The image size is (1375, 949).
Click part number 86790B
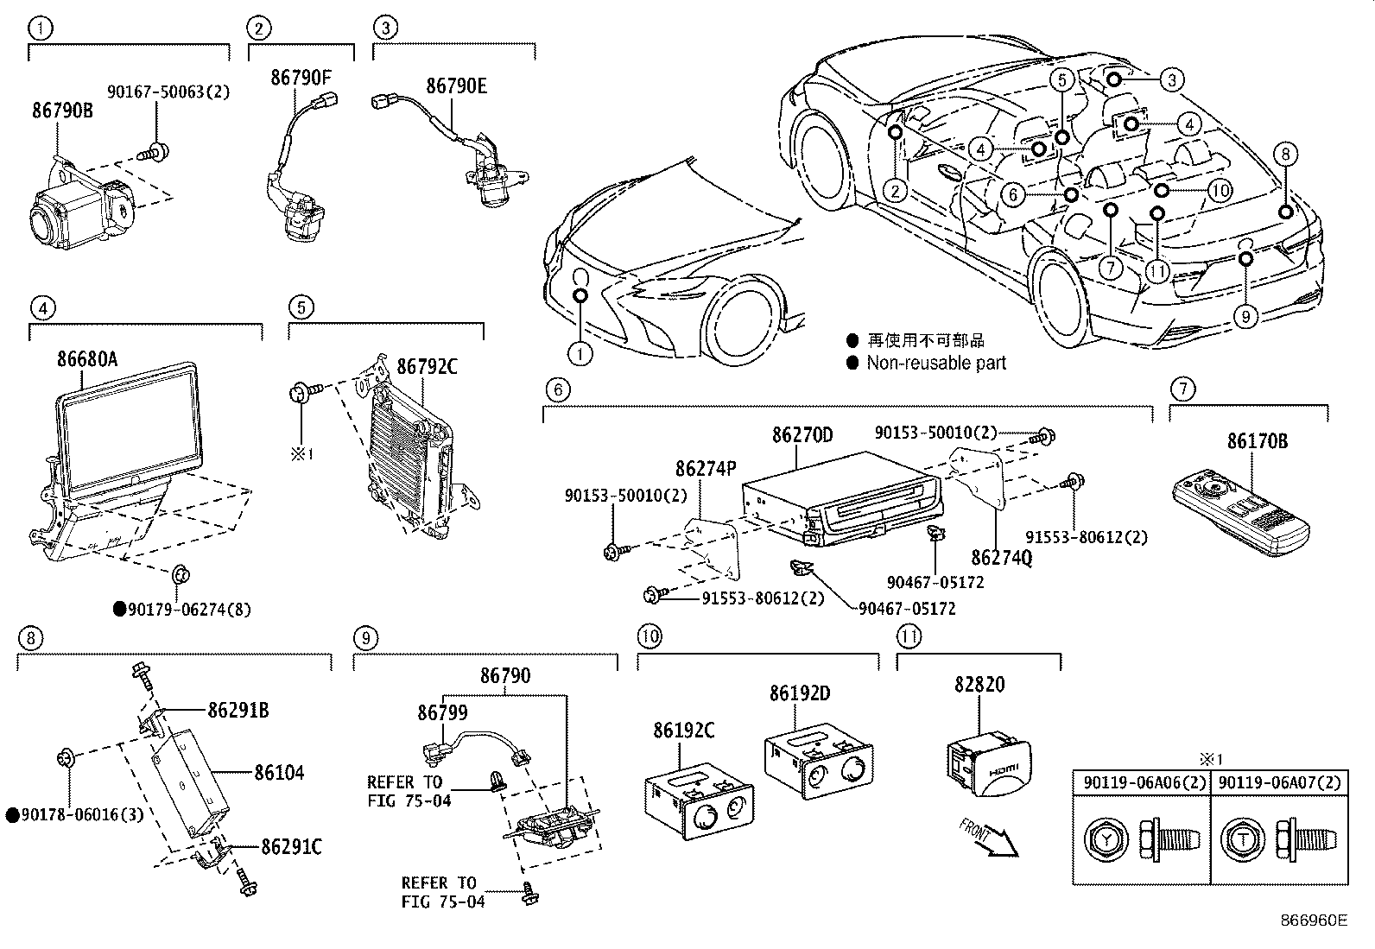click(62, 111)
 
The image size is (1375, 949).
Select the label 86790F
click(301, 78)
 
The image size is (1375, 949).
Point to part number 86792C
click(427, 367)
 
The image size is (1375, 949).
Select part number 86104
click(278, 772)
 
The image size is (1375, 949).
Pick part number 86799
click(442, 712)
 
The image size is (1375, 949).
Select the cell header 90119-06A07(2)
click(1280, 783)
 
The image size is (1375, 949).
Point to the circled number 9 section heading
click(365, 638)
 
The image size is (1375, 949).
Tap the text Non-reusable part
click(936, 364)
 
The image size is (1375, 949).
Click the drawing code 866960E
click(1313, 921)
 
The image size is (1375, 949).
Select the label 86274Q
click(1001, 559)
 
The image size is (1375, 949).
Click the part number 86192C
click(683, 731)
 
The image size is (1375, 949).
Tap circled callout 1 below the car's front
click(580, 353)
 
